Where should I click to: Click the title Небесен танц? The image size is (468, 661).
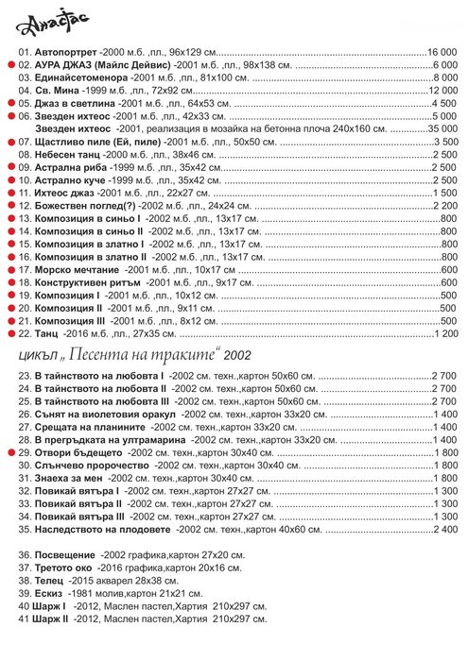coord(71,153)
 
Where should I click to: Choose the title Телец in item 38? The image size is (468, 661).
coord(50,582)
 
